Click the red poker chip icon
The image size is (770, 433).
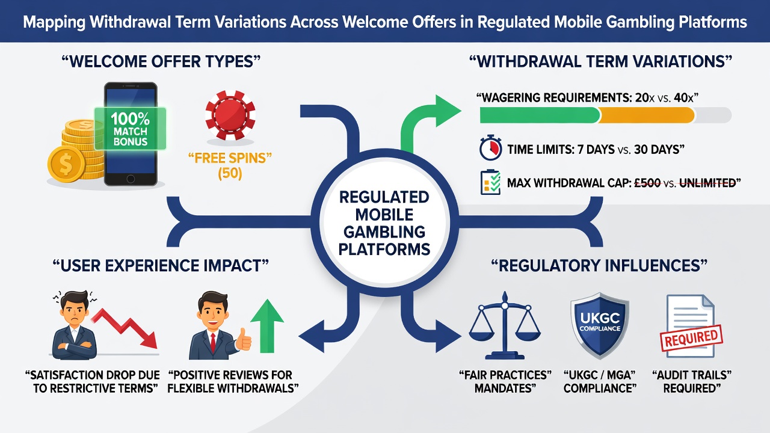click(230, 115)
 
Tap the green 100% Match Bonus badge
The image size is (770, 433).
click(131, 129)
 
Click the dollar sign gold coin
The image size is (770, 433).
click(66, 164)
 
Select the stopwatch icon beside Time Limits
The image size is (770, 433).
click(490, 148)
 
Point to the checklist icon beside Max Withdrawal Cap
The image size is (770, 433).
click(490, 182)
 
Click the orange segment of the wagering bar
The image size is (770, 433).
click(647, 115)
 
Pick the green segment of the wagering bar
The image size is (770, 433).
click(540, 115)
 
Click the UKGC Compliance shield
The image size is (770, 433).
click(600, 325)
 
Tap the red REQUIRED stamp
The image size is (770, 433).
click(692, 338)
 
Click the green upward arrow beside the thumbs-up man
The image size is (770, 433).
click(267, 326)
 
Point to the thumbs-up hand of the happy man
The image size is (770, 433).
click(244, 339)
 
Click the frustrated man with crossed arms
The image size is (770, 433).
click(74, 325)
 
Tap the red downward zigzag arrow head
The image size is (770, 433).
click(149, 340)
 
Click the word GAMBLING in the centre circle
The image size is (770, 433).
click(384, 232)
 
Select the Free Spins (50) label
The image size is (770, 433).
click(230, 166)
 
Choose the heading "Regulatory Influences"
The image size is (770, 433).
click(600, 266)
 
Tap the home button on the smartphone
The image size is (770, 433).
click(131, 179)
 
